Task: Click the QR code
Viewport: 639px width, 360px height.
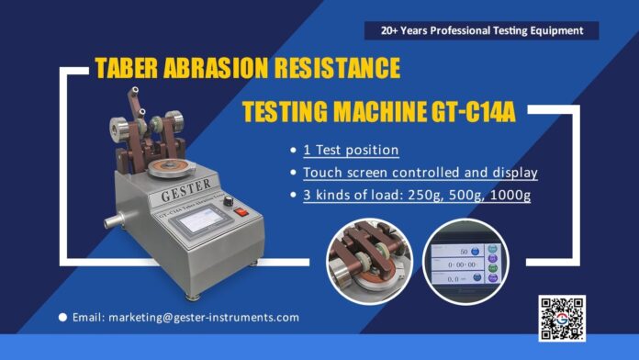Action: click(x=561, y=319)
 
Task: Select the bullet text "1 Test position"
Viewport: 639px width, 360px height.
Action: click(x=351, y=150)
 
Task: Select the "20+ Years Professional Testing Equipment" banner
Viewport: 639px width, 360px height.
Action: click(x=481, y=30)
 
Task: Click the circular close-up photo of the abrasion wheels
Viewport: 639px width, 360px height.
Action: click(x=370, y=260)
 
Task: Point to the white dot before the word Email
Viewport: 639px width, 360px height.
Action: click(x=62, y=317)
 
